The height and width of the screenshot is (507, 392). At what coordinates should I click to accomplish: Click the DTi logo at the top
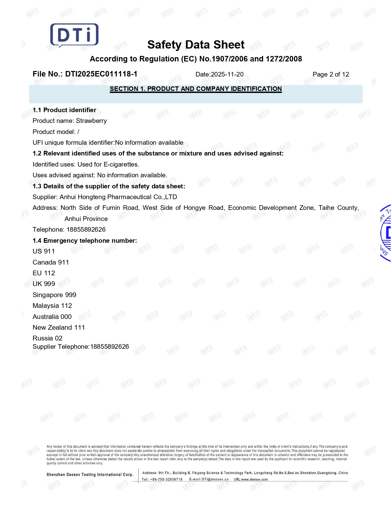[x=74, y=35]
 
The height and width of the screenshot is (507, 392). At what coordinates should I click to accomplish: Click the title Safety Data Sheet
[x=196, y=45]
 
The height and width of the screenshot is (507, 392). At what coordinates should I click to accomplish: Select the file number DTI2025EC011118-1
[x=101, y=74]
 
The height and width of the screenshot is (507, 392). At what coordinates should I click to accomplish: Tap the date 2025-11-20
[x=227, y=74]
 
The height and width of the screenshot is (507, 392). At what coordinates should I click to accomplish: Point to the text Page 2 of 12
[x=331, y=74]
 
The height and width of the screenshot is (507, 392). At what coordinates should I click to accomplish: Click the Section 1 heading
[x=196, y=89]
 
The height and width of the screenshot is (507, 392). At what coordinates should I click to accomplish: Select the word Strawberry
[x=91, y=121]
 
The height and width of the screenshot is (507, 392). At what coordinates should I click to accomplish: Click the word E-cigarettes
[x=121, y=164]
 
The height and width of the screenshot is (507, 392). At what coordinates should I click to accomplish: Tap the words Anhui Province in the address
[x=86, y=219]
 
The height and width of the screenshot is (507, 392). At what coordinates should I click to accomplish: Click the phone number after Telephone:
[x=86, y=230]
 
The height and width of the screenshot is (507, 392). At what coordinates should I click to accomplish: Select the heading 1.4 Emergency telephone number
[x=85, y=241]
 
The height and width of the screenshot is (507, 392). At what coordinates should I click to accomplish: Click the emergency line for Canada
[x=51, y=262]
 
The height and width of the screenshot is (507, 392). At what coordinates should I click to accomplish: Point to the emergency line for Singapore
[x=54, y=295]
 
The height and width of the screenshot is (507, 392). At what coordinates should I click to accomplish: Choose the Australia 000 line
[x=52, y=317]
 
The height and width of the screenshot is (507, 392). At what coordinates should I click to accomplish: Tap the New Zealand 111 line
[x=59, y=328]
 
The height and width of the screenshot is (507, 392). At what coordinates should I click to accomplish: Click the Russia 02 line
[x=47, y=338]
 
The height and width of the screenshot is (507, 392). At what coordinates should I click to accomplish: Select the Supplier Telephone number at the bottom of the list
[x=109, y=347]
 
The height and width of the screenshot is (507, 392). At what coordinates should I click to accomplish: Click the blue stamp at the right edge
[x=386, y=233]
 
